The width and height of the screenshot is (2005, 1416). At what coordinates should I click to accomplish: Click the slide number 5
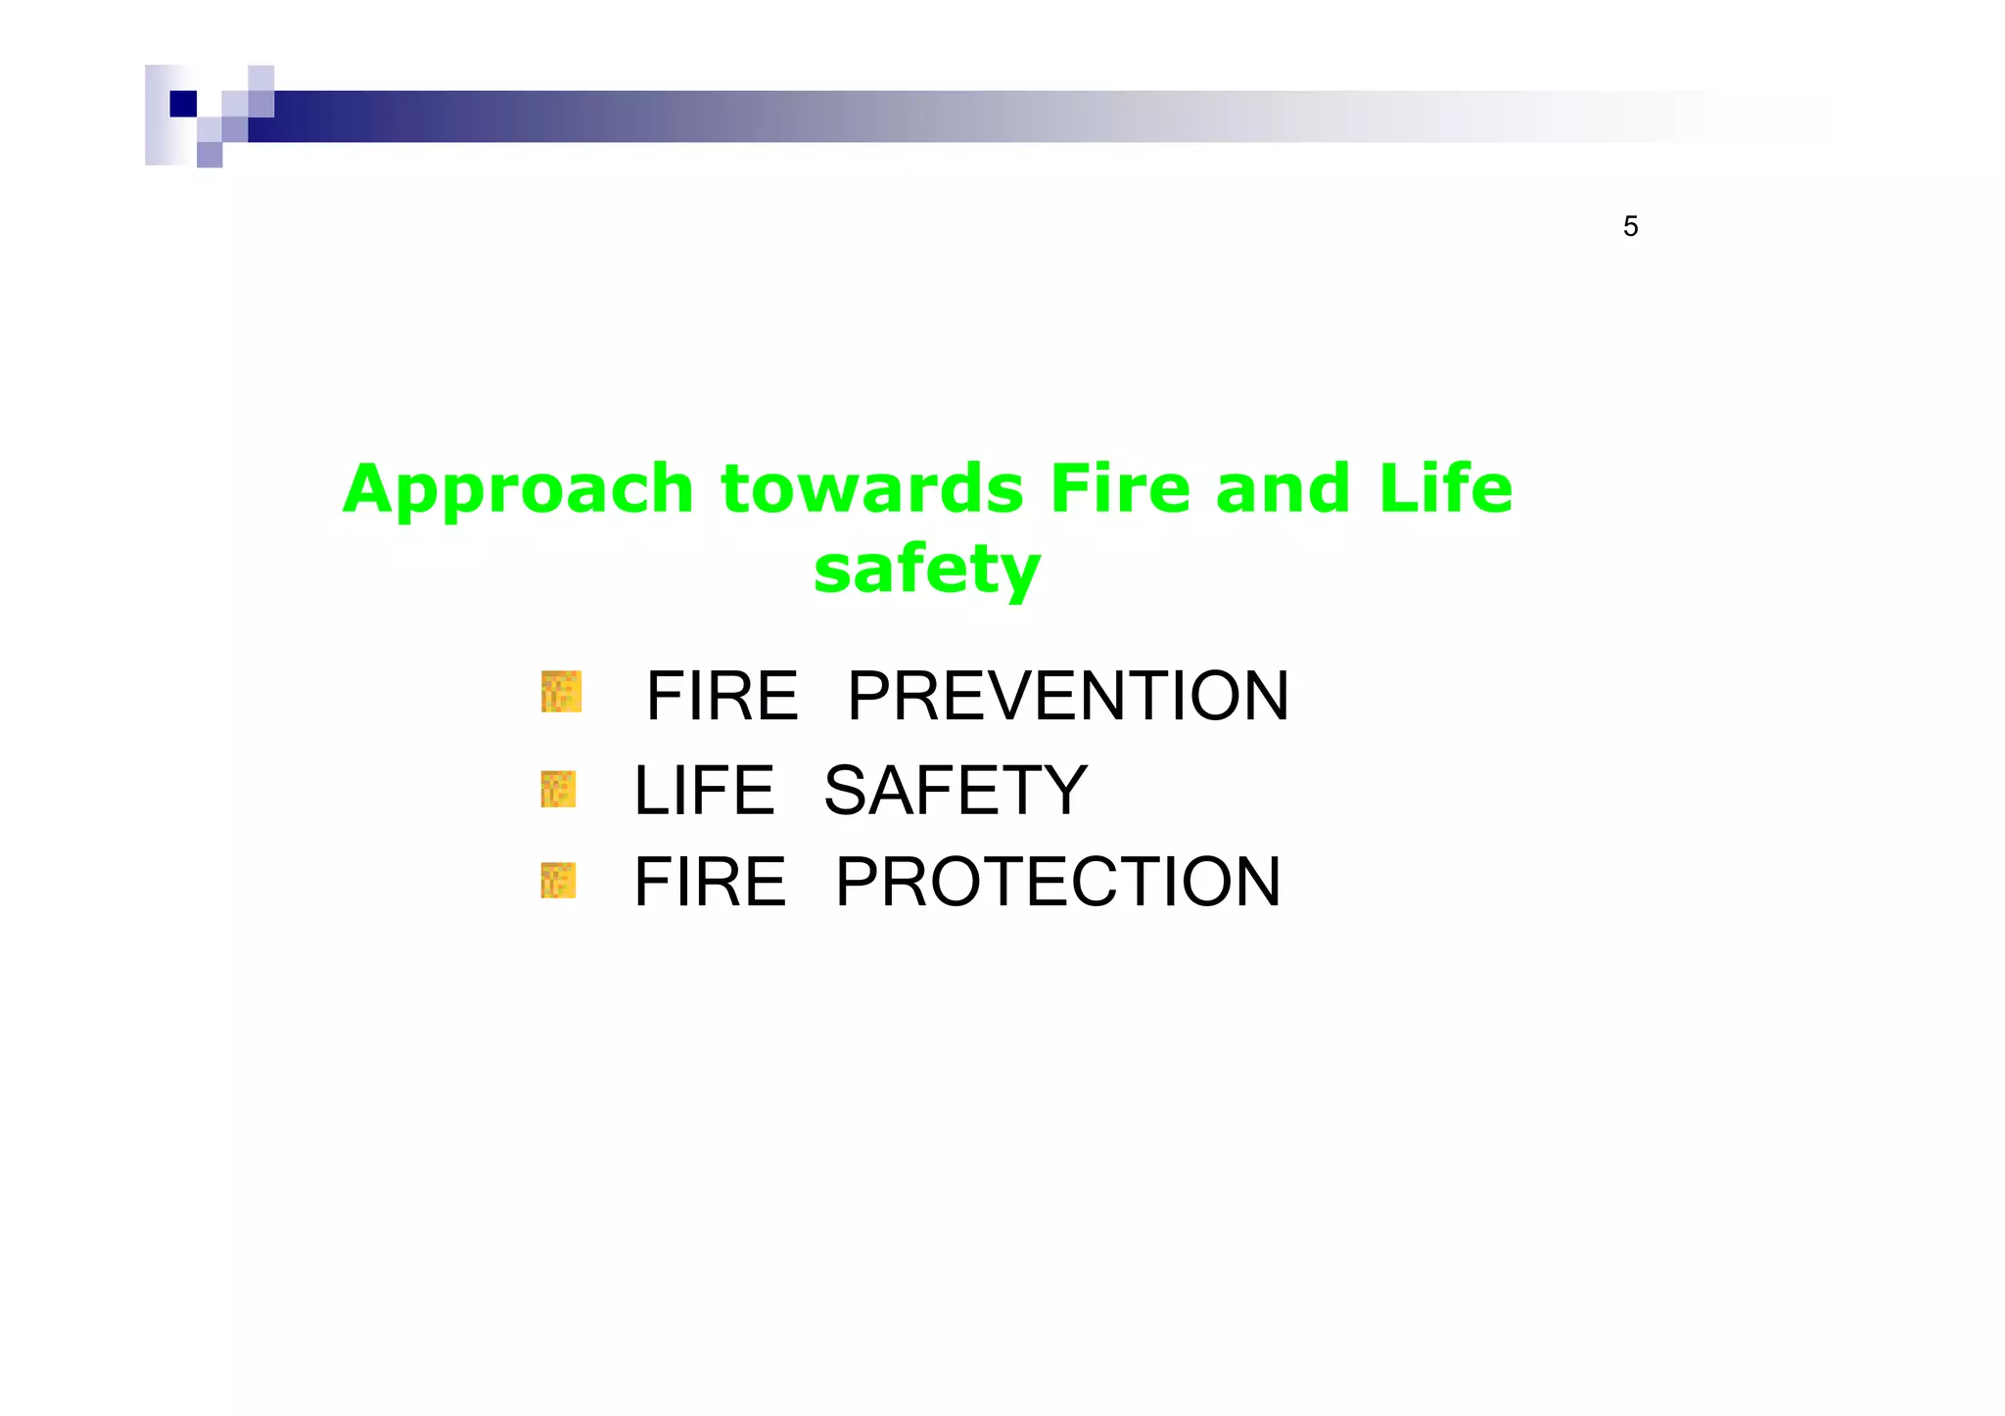pos(1630,227)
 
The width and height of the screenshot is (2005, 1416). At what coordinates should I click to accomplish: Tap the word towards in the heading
pos(872,489)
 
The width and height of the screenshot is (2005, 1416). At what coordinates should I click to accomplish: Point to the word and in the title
pos(1283,489)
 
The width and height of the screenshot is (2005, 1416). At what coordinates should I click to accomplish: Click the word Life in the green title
pos(1445,489)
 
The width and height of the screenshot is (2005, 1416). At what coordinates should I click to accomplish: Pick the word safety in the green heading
pos(926,571)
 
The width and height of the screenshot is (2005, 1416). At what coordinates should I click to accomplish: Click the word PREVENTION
pos(1067,697)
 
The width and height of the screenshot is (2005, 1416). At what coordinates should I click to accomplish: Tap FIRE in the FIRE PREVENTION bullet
pos(722,697)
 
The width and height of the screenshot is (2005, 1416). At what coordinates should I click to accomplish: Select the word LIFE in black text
pos(704,791)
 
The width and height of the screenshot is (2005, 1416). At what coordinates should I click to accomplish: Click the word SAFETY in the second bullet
pos(956,791)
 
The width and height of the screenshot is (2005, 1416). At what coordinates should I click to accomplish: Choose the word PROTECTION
pos(1057,882)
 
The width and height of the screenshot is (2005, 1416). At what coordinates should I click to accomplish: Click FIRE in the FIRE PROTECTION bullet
pos(710,882)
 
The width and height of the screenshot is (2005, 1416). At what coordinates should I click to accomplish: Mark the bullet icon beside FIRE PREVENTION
pos(561,692)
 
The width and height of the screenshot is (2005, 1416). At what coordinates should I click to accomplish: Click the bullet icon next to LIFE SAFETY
pos(558,789)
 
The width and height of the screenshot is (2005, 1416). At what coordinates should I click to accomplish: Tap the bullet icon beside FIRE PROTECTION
pos(558,881)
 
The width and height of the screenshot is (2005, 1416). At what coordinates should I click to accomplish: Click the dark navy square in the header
pos(183,104)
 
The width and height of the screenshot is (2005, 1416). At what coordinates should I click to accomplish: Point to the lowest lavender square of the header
pos(210,155)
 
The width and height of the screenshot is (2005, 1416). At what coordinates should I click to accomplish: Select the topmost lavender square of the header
pos(260,78)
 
